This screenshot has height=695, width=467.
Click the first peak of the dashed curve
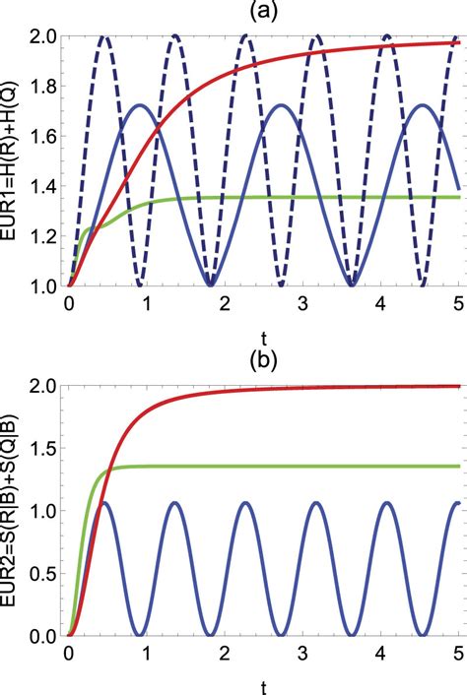pyautogui.click(x=104, y=38)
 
